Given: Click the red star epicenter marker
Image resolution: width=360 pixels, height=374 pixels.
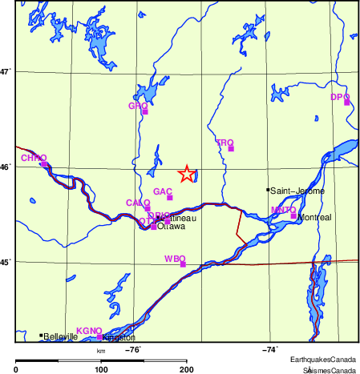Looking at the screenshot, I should coord(187,174).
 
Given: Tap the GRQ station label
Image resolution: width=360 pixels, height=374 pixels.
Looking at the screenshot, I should coord(138,106).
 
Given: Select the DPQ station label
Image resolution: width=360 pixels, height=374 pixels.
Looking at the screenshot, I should coord(340,97).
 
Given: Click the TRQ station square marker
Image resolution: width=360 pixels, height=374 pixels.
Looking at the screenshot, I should coord(231,148).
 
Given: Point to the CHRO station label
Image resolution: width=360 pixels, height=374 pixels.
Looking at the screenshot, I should coord(34,158).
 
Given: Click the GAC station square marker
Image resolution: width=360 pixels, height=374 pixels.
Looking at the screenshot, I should coord(170,197).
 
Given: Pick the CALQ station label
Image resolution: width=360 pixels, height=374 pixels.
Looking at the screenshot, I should coord(138,203).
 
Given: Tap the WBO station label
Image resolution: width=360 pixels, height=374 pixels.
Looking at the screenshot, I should coord(174,259).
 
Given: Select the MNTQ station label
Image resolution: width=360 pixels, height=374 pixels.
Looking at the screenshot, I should coord(284,210).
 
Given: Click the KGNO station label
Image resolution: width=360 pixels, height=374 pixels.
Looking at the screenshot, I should coord(88,331).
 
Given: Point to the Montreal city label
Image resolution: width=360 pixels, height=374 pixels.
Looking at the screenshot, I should coord(313,217).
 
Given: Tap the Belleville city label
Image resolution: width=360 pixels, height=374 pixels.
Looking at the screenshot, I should coord(61,337).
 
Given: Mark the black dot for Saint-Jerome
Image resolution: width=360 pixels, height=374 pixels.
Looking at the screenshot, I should coord(268,190).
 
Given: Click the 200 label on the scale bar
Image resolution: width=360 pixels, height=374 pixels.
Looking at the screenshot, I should coord(187,368).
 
